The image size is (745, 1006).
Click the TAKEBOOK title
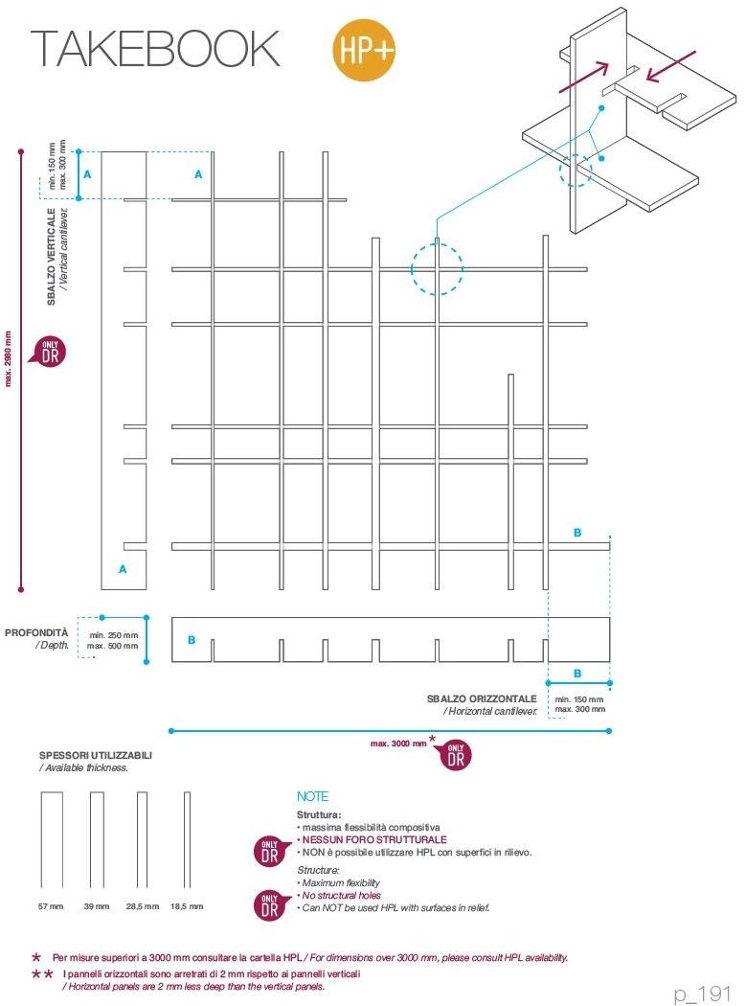[x=155, y=49]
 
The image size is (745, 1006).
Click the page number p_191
[x=703, y=994]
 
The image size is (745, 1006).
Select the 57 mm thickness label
[x=51, y=905]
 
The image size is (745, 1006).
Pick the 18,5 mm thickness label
[x=187, y=905]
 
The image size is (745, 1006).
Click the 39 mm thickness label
[x=97, y=905]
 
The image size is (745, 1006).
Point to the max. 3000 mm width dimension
[x=399, y=743]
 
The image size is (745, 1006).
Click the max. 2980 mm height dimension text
[x=9, y=358]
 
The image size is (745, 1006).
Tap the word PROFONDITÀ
[x=36, y=633]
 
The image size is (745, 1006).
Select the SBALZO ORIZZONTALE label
[x=482, y=698]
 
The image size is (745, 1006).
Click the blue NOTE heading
[x=312, y=796]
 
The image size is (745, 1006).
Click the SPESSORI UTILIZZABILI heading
[x=95, y=755]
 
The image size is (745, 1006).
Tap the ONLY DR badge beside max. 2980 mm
[x=50, y=352]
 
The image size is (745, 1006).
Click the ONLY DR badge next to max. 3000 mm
[x=456, y=754]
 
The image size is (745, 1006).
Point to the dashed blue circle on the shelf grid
[x=438, y=268]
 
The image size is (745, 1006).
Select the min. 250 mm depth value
[x=113, y=635]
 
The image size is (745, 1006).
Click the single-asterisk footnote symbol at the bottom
[x=36, y=957]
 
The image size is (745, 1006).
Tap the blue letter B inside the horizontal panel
[x=192, y=639]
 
